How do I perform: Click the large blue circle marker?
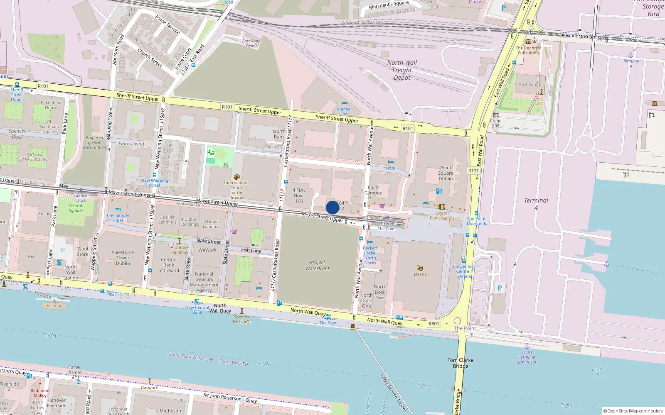point(332,207)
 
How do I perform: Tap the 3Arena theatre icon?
point(419,268)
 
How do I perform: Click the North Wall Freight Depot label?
point(402,70)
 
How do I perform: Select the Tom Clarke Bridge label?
point(461,363)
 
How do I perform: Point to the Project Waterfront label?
point(317,265)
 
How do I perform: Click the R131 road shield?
point(473,171)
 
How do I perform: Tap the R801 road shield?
point(433,324)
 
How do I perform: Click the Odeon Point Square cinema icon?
point(442,207)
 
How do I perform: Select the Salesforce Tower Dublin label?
point(123,258)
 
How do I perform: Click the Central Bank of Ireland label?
point(168,265)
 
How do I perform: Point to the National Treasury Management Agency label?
point(204,282)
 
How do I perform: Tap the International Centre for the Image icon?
point(237,177)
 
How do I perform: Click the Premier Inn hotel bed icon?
point(344,103)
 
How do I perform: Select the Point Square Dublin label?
point(446,173)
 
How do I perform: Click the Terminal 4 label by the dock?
point(536,203)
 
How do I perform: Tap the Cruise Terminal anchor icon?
point(527,346)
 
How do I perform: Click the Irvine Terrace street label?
point(167,24)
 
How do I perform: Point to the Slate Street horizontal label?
point(208,241)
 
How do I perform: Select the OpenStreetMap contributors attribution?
point(633,411)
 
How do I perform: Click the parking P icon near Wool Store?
point(63,250)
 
